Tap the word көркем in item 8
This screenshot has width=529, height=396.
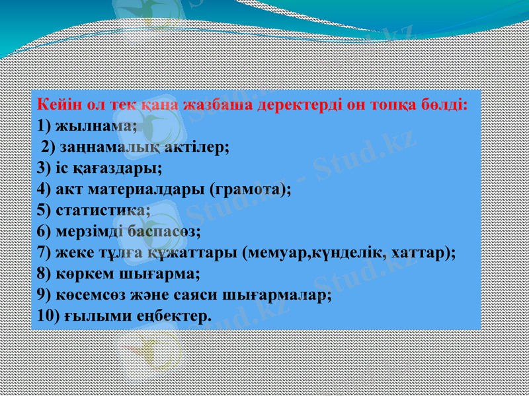click(82, 275)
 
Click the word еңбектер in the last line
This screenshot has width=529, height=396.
click(171, 317)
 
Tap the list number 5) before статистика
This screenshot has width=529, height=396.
click(44, 211)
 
